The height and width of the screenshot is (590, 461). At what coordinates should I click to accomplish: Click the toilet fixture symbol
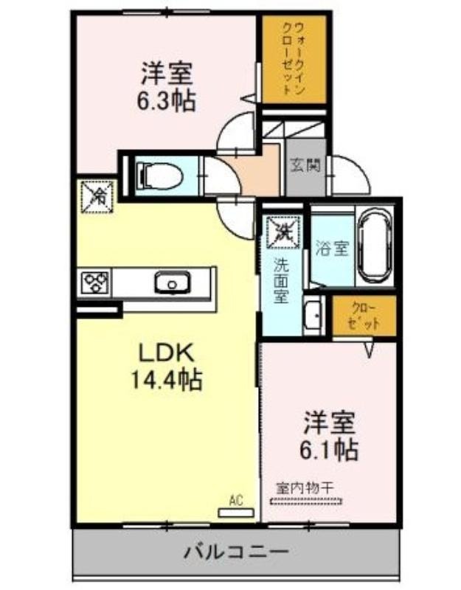[159, 176]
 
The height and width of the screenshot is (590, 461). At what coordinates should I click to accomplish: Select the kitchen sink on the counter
[172, 283]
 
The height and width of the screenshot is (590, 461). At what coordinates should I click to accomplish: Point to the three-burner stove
[96, 282]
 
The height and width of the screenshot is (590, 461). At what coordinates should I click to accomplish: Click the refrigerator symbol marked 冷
[98, 196]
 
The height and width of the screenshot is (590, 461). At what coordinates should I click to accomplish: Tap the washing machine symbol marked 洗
[283, 232]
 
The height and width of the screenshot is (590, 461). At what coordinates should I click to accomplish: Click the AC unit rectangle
[236, 513]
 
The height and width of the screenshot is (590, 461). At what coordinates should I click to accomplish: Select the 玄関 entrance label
[305, 164]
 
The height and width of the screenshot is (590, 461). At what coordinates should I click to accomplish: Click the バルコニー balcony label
[236, 552]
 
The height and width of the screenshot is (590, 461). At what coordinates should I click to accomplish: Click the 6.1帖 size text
[328, 451]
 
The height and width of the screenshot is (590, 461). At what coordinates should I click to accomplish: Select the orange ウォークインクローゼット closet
[294, 59]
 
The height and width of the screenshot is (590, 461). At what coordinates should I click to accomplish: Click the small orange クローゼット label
[364, 316]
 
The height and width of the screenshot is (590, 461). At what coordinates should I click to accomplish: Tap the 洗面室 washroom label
[281, 280]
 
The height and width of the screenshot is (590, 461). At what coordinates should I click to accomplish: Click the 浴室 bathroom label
[333, 249]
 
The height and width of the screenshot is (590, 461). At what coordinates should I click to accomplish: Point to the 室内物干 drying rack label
[305, 488]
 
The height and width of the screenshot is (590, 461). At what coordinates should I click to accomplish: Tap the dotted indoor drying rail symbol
[305, 501]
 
